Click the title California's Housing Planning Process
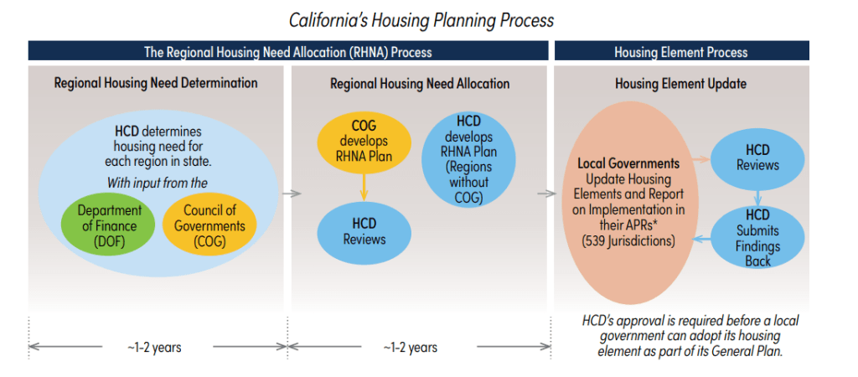[x=421, y=18]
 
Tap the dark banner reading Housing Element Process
[x=680, y=52]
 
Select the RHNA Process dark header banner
[x=287, y=52]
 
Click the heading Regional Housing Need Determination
[x=156, y=84]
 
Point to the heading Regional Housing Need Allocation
[x=420, y=84]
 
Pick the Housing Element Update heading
[x=680, y=84]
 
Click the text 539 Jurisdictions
[x=628, y=240]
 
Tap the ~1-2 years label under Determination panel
[x=155, y=347]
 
